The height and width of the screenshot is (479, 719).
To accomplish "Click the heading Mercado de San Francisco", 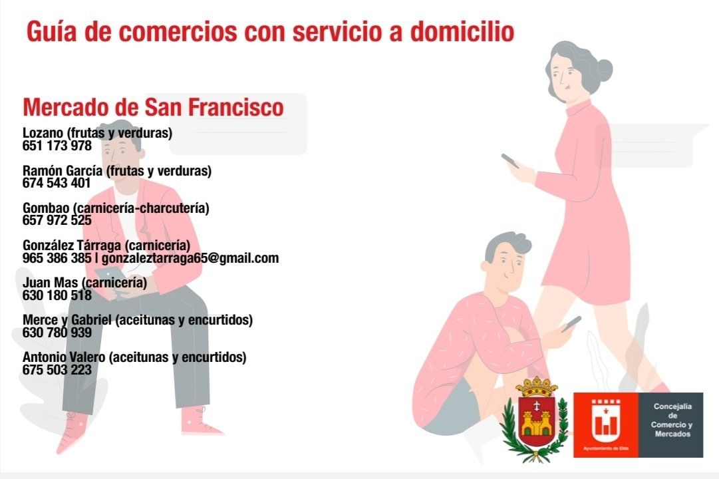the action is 153,107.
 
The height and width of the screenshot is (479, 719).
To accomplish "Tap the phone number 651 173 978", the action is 57,146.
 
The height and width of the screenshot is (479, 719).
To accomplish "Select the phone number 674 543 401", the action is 57,182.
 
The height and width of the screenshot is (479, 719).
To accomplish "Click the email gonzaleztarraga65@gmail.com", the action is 190,258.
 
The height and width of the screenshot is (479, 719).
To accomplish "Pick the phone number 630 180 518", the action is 57,295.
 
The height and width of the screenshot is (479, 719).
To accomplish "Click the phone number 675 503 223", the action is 57,370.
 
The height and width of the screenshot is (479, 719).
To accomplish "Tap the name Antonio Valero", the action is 64,357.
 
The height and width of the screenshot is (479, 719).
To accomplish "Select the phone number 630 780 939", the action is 57,332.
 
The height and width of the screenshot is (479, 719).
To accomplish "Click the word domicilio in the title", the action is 462,32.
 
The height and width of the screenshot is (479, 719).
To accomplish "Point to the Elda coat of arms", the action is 535,419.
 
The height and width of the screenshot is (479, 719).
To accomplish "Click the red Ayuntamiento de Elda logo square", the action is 605,425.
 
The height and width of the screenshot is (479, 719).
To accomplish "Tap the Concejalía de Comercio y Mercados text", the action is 672,420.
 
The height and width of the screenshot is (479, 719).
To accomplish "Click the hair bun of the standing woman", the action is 605,70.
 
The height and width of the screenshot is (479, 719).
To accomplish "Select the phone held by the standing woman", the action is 510,160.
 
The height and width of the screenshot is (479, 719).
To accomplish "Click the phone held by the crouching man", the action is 571,323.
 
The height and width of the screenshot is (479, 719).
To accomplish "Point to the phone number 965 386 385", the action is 57,258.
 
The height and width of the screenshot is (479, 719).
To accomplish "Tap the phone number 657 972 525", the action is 57,220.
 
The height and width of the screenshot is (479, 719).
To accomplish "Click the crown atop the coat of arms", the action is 536,387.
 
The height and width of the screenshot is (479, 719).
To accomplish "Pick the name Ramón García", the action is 63,171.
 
